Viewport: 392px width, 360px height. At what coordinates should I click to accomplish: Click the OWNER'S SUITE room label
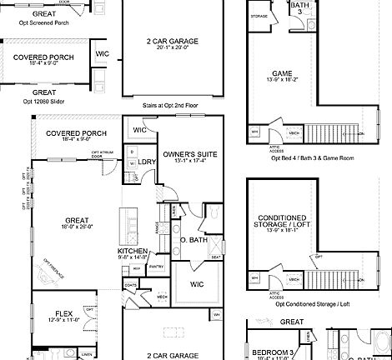[x=184, y=155]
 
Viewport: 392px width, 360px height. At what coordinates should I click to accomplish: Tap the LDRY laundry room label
[x=148, y=162]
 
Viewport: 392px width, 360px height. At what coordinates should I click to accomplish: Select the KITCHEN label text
[x=133, y=251]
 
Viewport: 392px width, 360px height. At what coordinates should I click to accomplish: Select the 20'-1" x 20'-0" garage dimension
[x=169, y=47]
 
